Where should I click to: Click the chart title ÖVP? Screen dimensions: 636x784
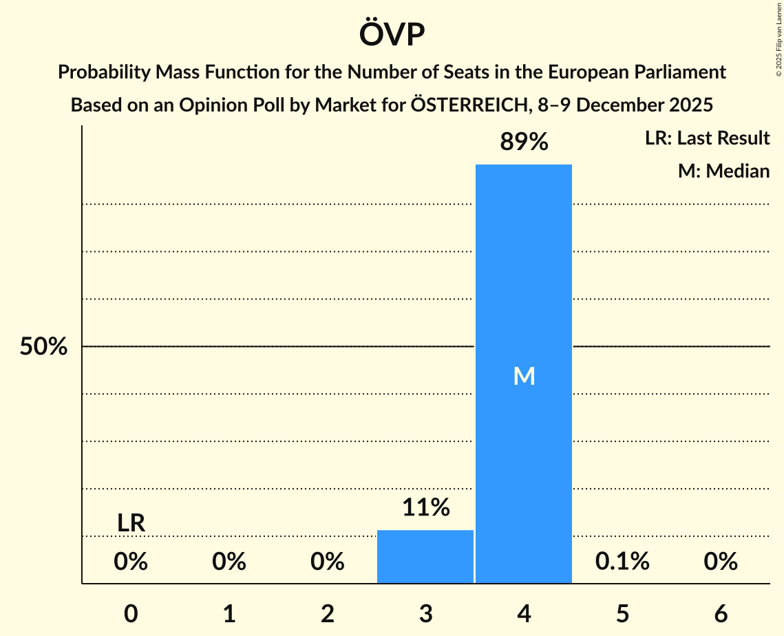[392, 34]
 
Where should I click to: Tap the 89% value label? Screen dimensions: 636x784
[524, 142]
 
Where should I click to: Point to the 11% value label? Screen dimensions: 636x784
[425, 508]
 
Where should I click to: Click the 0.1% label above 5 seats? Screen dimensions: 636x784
[622, 562]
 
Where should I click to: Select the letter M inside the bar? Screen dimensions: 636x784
[524, 376]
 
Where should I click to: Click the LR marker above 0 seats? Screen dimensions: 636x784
[131, 523]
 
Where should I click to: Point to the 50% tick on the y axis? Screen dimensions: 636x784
[43, 347]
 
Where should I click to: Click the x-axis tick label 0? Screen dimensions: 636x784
[131, 614]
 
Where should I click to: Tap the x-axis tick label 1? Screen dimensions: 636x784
[229, 614]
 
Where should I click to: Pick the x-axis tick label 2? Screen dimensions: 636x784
[328, 614]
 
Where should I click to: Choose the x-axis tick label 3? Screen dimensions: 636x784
[425, 614]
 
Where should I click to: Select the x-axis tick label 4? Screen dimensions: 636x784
[524, 614]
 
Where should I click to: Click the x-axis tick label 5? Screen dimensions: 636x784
[622, 614]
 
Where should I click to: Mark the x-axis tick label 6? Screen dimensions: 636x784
[721, 614]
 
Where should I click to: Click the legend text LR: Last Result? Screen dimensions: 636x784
[707, 138]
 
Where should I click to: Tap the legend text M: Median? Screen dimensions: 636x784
[723, 171]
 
